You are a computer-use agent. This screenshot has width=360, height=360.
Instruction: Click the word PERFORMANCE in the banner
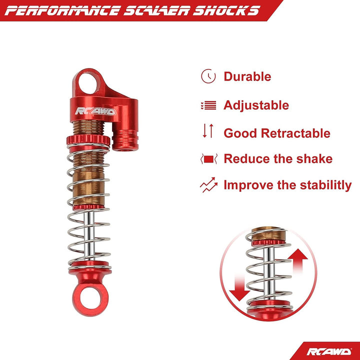[61, 11]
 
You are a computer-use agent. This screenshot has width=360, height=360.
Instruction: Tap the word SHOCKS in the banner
[226, 11]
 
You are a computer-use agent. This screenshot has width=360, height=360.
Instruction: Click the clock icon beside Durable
[208, 76]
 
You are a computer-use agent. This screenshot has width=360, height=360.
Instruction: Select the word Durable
[247, 76]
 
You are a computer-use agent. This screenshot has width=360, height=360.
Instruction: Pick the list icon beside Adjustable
[208, 105]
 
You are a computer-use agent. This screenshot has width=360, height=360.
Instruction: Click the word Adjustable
[256, 105]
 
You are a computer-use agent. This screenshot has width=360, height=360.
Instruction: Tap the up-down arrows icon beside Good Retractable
[208, 130]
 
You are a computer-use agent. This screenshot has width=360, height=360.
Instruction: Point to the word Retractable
[295, 133]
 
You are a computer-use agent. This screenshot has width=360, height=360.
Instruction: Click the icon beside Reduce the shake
[208, 159]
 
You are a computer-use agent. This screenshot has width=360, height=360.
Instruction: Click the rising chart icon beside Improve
[208, 185]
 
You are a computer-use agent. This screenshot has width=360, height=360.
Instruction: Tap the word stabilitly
[326, 185]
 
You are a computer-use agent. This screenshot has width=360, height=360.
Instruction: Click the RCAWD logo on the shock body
[95, 111]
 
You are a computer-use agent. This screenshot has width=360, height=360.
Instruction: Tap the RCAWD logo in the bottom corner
[329, 351]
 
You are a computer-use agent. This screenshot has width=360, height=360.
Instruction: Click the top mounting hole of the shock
[87, 83]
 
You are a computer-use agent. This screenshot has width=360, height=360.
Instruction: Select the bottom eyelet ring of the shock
[90, 300]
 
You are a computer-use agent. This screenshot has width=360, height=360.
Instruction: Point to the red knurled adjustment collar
[88, 139]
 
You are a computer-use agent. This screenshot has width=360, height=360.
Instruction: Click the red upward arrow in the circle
[298, 261]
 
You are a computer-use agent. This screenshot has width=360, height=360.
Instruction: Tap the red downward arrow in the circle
[239, 288]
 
